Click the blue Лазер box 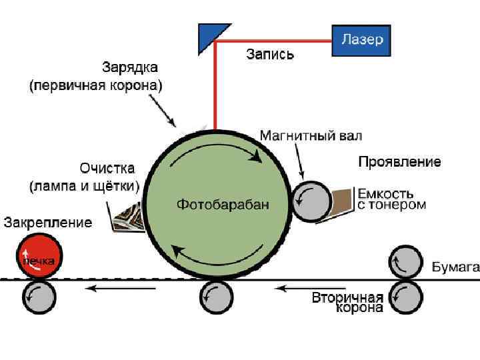pyautogui.click(x=361, y=40)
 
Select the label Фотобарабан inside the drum pyautogui.click(x=223, y=205)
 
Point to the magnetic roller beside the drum pyautogui.click(x=311, y=201)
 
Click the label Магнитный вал pyautogui.click(x=311, y=137)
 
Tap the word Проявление pyautogui.click(x=399, y=161)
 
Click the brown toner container pyautogui.click(x=343, y=200)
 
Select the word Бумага pyautogui.click(x=455, y=268)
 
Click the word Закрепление pyautogui.click(x=48, y=223)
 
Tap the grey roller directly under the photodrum pyautogui.click(x=217, y=296)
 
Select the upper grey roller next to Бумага pyautogui.click(x=406, y=262)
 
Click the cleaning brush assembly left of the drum pyautogui.click(x=129, y=215)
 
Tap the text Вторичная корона pyautogui.click(x=348, y=302)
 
